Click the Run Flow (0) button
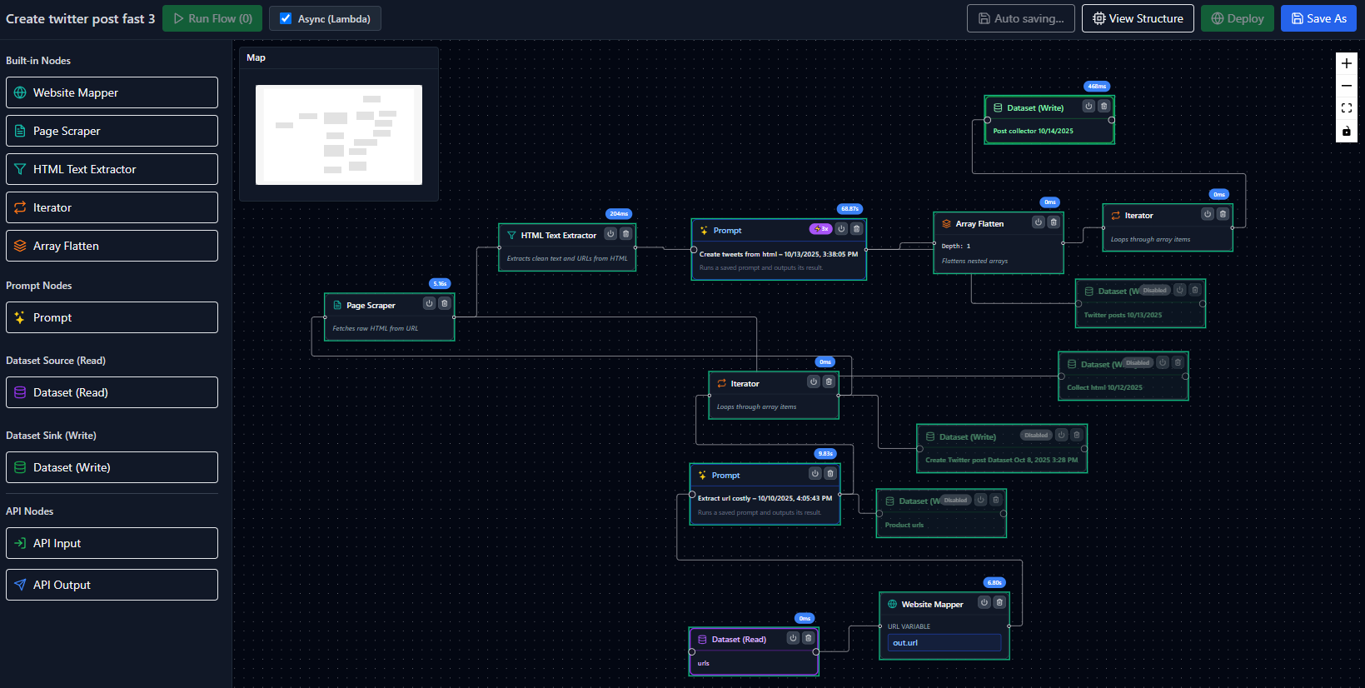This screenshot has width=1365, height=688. click(x=212, y=18)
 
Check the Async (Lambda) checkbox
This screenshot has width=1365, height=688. click(x=286, y=18)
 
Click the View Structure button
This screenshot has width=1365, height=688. click(x=1137, y=18)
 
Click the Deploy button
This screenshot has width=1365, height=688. click(x=1237, y=18)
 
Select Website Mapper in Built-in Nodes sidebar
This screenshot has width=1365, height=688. click(x=112, y=92)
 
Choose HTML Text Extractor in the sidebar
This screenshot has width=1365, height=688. click(x=112, y=169)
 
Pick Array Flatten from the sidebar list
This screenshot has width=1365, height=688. click(x=112, y=246)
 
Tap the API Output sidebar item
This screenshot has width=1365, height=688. click(x=112, y=585)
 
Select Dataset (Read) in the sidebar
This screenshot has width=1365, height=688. click(x=112, y=392)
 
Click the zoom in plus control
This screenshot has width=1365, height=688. click(x=1346, y=63)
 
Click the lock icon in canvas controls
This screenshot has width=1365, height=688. click(x=1346, y=131)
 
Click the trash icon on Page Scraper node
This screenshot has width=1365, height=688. click(x=445, y=303)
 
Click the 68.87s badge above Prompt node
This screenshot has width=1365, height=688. click(x=849, y=209)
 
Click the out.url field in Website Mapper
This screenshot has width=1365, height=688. click(x=944, y=643)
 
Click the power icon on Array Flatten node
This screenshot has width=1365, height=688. click(x=1038, y=222)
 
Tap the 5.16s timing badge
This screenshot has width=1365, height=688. click(x=440, y=284)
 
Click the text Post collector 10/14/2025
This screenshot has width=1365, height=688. click(x=1033, y=131)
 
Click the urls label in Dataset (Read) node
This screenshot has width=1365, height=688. click(x=704, y=663)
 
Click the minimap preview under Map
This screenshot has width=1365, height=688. click(x=338, y=135)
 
